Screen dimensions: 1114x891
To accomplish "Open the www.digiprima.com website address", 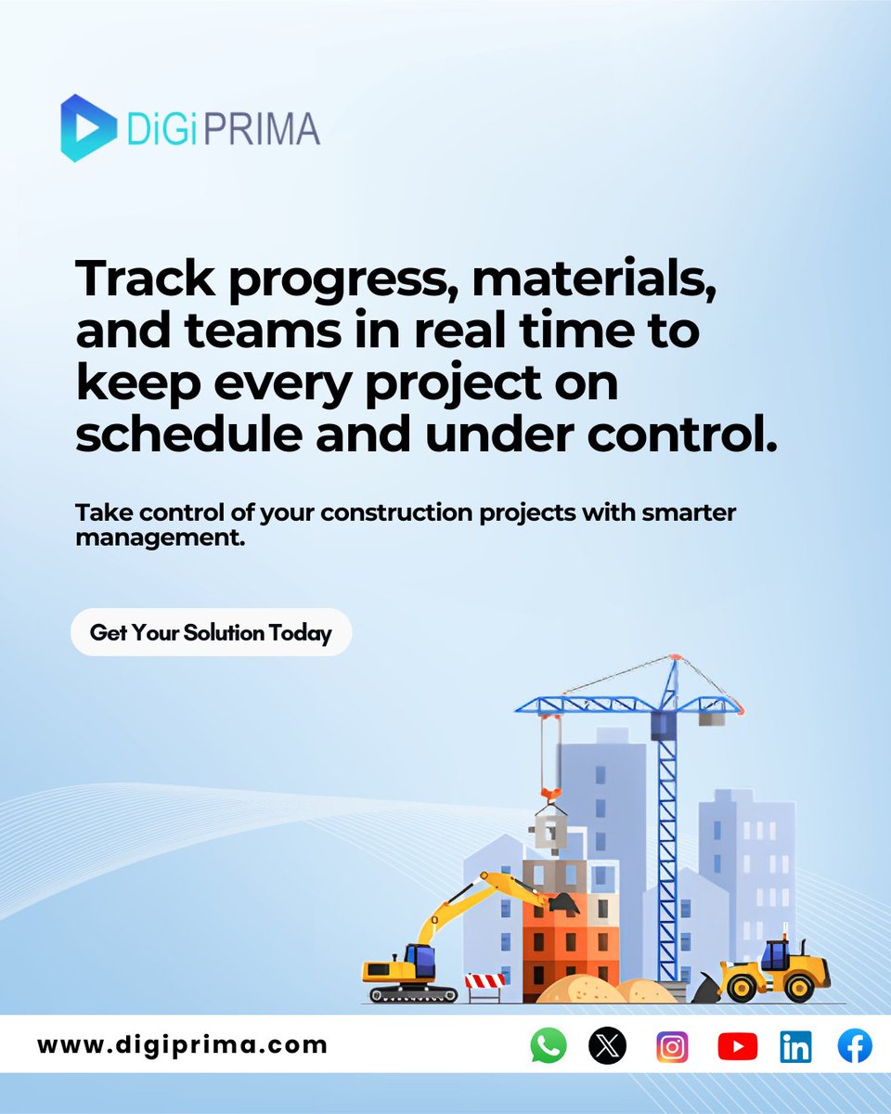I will tap(183, 1044).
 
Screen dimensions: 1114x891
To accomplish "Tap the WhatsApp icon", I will tap(549, 1046).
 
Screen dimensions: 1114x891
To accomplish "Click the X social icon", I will tap(608, 1046).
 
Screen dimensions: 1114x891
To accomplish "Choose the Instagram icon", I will tap(672, 1046).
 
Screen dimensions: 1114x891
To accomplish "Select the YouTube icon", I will tap(737, 1046).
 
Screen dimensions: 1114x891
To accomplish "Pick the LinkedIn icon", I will tap(795, 1046).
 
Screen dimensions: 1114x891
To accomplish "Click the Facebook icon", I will tap(854, 1046).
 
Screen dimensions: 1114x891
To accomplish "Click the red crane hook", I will tap(549, 795).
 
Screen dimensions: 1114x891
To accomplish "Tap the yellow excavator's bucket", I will tap(562, 901).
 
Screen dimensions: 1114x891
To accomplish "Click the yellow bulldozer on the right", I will tap(774, 970).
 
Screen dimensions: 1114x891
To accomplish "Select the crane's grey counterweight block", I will tap(712, 717).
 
